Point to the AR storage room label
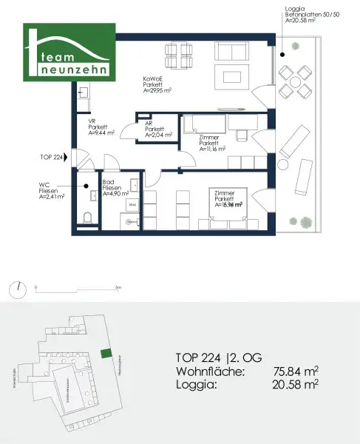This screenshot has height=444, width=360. [x=158, y=130]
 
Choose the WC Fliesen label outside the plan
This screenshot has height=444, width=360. [x=50, y=192]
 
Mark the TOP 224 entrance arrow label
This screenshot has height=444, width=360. [x=53, y=157]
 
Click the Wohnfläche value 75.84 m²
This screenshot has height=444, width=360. [x=296, y=370]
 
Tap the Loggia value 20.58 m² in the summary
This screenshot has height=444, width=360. [x=296, y=384]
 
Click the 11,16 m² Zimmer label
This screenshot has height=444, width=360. [x=213, y=144]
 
